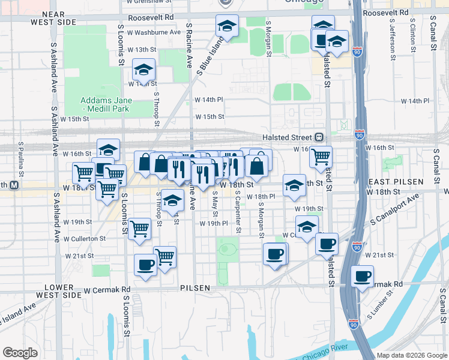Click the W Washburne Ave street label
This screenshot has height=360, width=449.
point(157,32)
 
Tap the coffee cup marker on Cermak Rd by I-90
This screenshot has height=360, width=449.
point(363,277)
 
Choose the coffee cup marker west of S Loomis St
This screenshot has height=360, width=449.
point(145,265)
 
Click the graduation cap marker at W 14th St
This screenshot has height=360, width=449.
point(143,70)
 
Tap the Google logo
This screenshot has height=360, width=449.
point(20,353)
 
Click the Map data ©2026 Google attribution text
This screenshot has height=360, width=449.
point(411,355)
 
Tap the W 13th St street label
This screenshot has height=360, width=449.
point(145,49)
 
